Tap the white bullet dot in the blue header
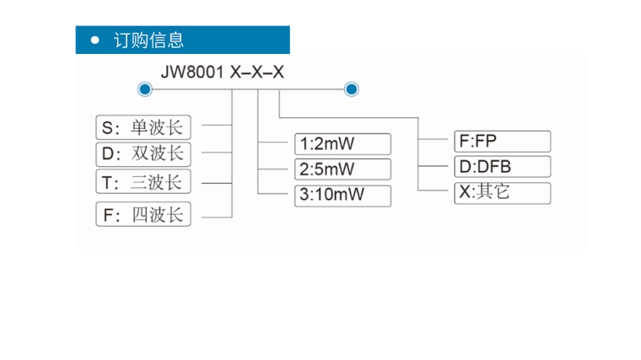[95, 40]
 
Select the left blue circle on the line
[144, 89]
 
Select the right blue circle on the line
[352, 89]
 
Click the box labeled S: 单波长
[143, 128]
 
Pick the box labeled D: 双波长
[143, 154]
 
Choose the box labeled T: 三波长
[143, 182]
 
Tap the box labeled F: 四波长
[143, 215]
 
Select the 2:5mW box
[343, 168]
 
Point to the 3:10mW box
[343, 196]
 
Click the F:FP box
[502, 142]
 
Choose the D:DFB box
[502, 166]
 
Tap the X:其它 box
[502, 192]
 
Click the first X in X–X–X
[236, 73]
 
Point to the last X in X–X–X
[277, 73]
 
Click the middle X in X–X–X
[257, 73]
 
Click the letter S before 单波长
[107, 129]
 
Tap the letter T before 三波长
[107, 183]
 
